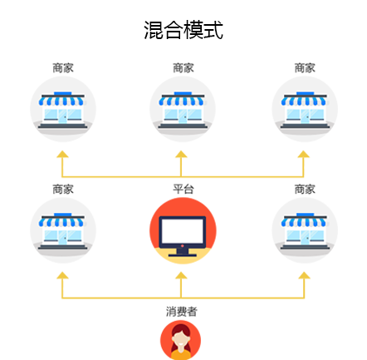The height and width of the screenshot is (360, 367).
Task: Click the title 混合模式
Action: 183,30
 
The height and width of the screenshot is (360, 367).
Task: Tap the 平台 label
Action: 183,190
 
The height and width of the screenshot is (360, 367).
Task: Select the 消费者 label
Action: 182,312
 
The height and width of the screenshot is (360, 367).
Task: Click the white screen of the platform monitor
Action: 183,231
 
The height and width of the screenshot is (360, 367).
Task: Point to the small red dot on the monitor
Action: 182,246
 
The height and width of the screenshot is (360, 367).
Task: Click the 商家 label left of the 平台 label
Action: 63,190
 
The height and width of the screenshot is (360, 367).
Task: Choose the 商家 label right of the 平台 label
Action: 305,190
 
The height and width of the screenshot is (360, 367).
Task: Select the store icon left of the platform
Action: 63,230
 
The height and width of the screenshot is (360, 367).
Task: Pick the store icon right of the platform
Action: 305,230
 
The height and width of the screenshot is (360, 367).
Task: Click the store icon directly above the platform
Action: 183,109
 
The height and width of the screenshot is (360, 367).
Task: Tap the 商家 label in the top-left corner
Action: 63,68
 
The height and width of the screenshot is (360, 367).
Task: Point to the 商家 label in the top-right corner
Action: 305,68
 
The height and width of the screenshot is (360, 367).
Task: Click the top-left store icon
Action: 63,109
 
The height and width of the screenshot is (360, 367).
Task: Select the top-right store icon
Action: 305,109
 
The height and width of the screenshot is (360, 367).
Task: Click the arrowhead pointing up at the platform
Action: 181,275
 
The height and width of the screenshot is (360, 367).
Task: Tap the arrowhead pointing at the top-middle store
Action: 181,155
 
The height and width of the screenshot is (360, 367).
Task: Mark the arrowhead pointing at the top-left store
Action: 62,155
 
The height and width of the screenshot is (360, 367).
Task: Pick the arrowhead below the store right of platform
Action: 304,275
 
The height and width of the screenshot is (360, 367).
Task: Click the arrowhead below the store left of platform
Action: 62,275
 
